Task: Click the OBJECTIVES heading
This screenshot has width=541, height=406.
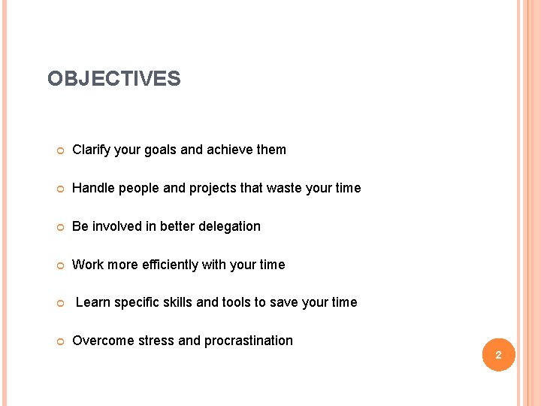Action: point(113,79)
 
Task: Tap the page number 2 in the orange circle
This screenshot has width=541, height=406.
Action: point(498,355)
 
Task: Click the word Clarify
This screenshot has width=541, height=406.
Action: point(91,150)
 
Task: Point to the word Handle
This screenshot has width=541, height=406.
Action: point(93,188)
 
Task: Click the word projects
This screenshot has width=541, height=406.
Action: point(213,188)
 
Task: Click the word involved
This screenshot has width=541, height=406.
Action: point(119,226)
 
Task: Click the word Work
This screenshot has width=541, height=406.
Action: point(87,265)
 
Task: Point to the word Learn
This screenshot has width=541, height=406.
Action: point(93,302)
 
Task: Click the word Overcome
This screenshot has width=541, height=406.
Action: point(100,341)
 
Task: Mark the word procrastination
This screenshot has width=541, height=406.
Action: point(247,341)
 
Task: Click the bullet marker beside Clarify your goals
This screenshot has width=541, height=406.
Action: point(59,150)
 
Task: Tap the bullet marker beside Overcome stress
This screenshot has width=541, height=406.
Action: point(59,341)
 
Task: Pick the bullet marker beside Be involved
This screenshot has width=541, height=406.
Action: point(59,227)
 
